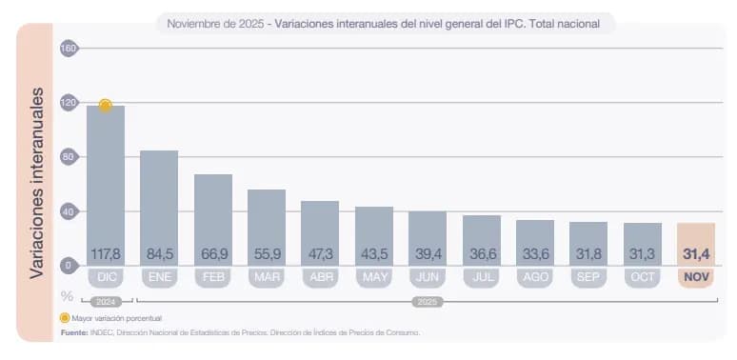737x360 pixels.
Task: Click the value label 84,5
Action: (x=159, y=254)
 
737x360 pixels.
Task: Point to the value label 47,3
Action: (x=320, y=254)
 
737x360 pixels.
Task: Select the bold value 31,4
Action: (x=696, y=254)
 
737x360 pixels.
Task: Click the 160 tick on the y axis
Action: (x=69, y=49)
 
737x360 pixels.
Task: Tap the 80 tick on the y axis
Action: (x=69, y=157)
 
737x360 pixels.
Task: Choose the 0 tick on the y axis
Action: (x=69, y=266)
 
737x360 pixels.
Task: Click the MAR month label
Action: (x=267, y=278)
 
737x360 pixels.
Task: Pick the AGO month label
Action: (x=535, y=278)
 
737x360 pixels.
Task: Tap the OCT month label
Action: (x=643, y=278)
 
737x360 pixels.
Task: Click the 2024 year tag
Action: (x=106, y=301)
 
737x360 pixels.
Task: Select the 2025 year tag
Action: (x=428, y=301)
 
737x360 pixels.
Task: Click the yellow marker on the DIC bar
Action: (x=106, y=105)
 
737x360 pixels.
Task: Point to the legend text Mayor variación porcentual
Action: (x=117, y=317)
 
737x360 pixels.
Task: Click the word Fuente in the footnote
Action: (x=73, y=332)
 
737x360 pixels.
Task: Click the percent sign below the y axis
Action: (x=68, y=296)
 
